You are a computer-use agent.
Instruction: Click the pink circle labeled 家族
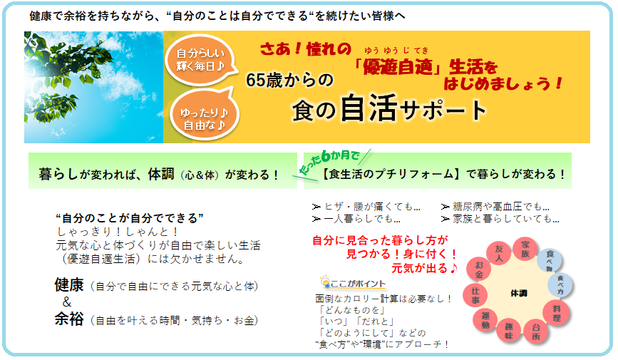click(x=525, y=250)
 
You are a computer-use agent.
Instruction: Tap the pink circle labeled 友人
click(x=498, y=254)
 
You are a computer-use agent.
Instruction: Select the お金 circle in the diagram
click(x=479, y=269)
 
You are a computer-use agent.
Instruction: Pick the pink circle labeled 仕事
click(x=475, y=296)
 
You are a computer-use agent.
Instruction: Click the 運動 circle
click(x=485, y=320)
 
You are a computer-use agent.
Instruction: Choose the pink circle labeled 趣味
click(x=509, y=331)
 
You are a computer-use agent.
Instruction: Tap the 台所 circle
click(x=536, y=331)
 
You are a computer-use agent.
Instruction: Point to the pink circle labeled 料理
click(x=556, y=313)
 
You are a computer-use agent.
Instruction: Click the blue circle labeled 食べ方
click(x=560, y=284)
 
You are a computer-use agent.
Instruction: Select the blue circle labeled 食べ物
click(x=550, y=260)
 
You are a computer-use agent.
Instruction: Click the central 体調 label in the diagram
click(x=519, y=293)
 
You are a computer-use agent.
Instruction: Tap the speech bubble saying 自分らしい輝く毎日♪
click(x=201, y=60)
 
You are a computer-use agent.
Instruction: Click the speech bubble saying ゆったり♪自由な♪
click(x=204, y=115)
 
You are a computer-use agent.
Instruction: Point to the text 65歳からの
click(x=289, y=80)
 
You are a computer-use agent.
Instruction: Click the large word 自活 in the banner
click(x=369, y=108)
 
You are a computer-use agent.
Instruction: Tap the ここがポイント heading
click(x=353, y=283)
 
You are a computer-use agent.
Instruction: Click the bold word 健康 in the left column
click(x=69, y=284)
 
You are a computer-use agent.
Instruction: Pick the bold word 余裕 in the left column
click(x=69, y=319)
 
